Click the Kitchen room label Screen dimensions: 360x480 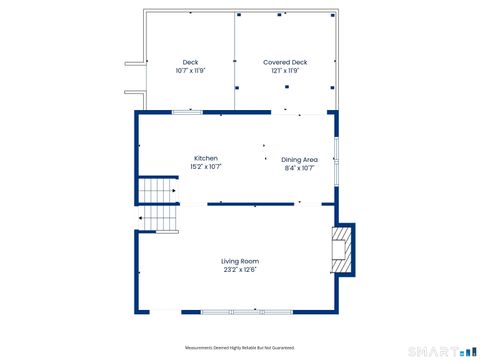click(205, 158)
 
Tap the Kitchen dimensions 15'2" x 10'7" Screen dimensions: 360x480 click(205, 167)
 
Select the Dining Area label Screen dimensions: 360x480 click(299, 159)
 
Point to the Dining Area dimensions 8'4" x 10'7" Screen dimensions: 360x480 click(299, 168)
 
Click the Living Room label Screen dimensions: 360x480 click(240, 261)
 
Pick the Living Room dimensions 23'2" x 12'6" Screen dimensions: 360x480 click(240, 270)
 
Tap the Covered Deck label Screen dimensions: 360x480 click(285, 62)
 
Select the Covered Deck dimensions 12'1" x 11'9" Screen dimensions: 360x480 click(285, 71)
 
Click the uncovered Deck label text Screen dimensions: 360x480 click(190, 62)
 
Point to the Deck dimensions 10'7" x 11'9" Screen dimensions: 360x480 click(190, 71)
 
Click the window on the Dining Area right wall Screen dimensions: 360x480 click(335, 151)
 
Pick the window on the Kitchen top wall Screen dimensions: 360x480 click(187, 112)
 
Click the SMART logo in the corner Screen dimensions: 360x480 click(441, 351)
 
